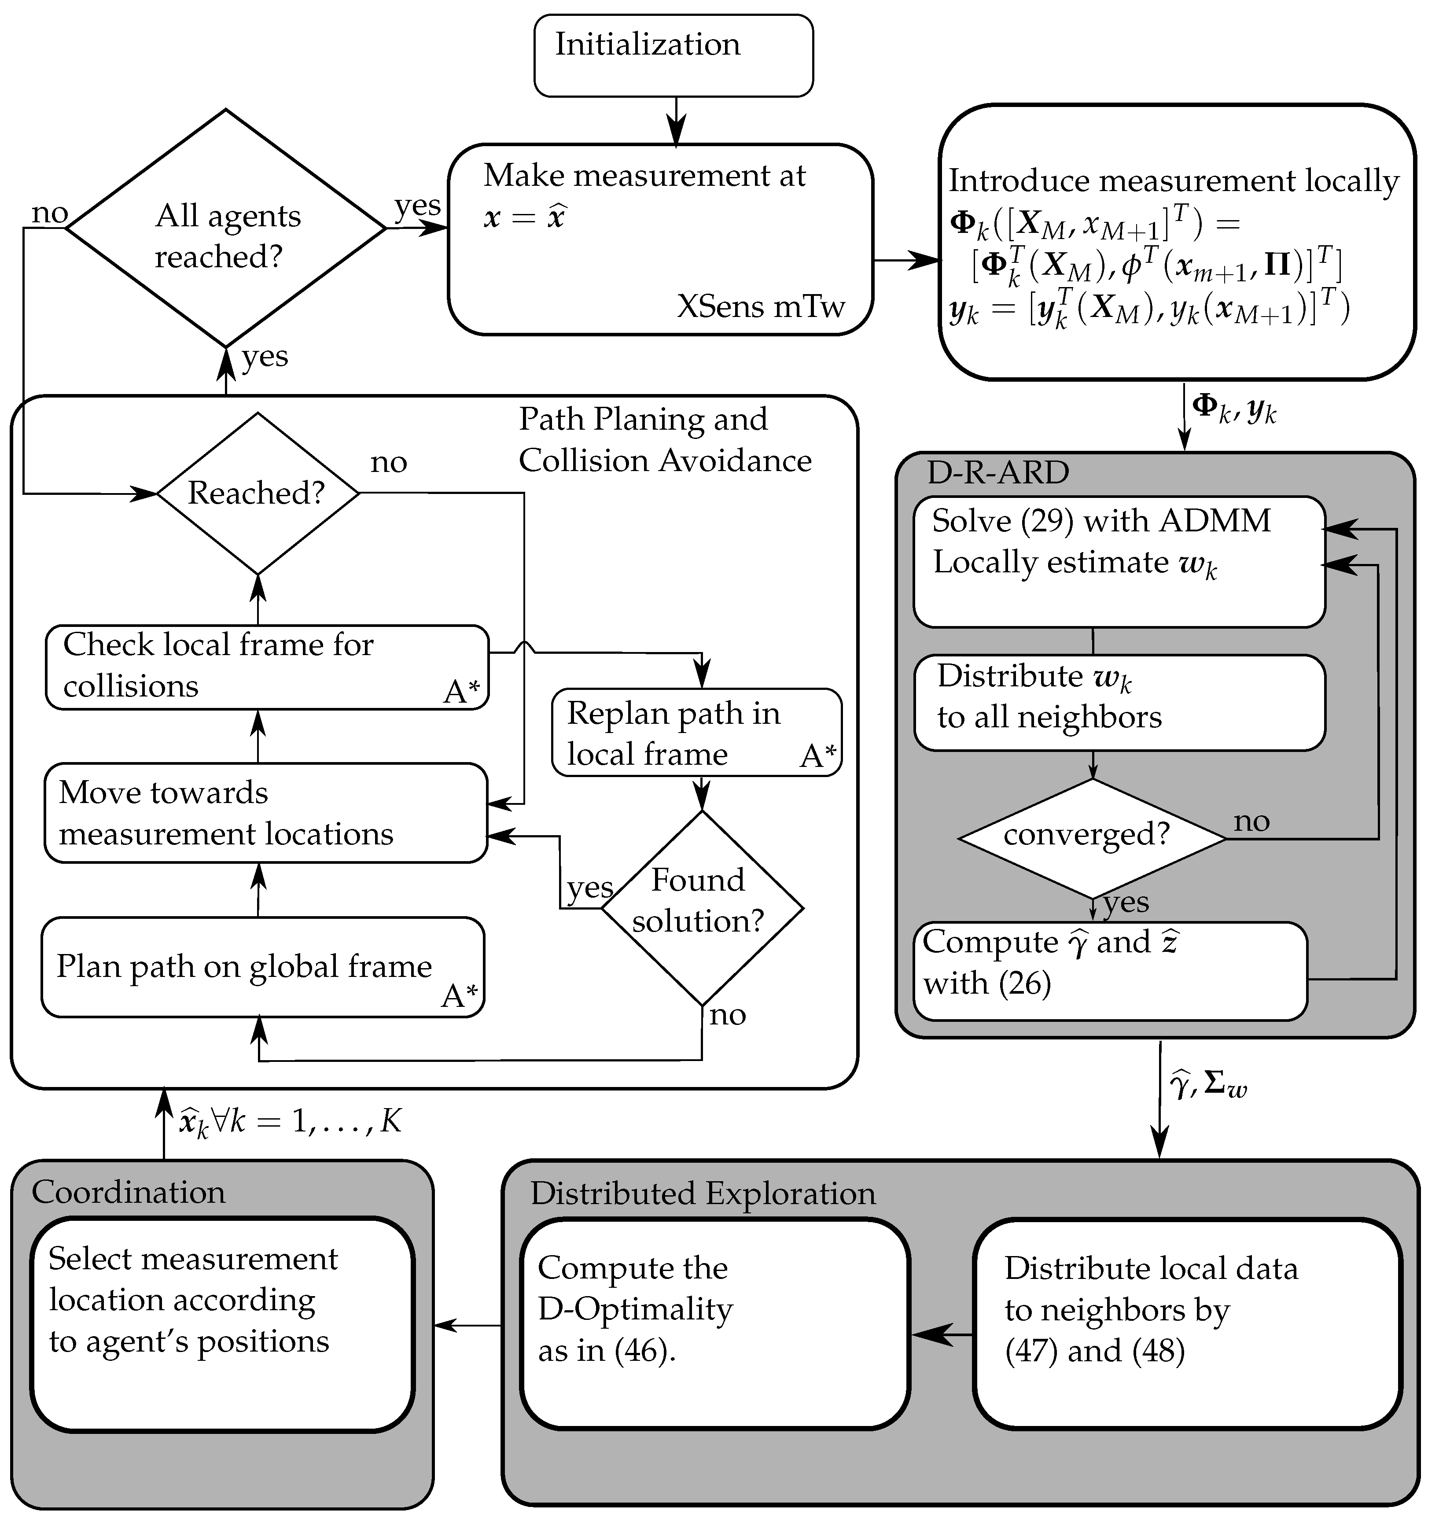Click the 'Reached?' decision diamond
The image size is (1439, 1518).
258,493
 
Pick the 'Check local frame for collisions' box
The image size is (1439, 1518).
266,667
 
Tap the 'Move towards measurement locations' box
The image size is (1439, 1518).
265,813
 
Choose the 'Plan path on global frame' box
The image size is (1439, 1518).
262,967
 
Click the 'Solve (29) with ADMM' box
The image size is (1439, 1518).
1119,561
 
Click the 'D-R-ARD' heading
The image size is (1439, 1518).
997,472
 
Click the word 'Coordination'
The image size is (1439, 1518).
128,1193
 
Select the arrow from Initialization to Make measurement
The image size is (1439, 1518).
675,121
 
